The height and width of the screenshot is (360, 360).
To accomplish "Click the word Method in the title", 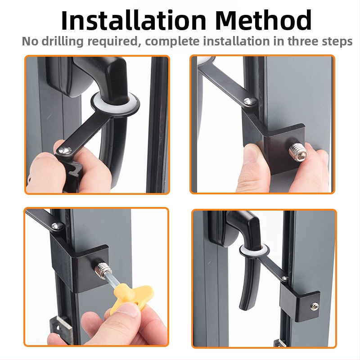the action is [263, 20].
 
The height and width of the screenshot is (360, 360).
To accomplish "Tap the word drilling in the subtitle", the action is [63, 42].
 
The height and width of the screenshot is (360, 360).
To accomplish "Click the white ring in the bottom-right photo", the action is [254, 251].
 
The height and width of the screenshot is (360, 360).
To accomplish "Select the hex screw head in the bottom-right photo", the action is [313, 306].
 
